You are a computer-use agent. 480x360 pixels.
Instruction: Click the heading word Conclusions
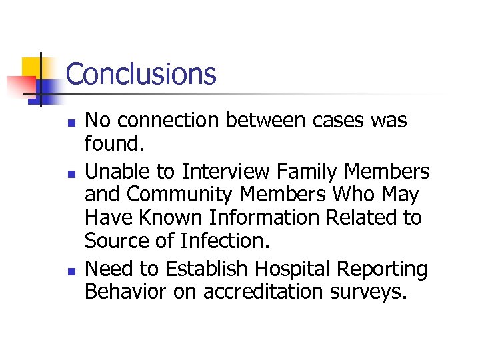141,73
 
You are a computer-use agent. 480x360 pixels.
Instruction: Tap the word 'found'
109,143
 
